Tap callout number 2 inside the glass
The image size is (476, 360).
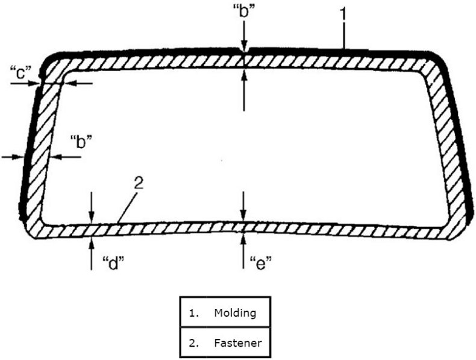click(138, 184)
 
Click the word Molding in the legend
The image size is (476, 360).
click(234, 313)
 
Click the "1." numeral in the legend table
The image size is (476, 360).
click(194, 313)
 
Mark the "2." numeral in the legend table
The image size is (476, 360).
click(194, 344)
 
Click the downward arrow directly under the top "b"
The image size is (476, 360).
click(243, 48)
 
